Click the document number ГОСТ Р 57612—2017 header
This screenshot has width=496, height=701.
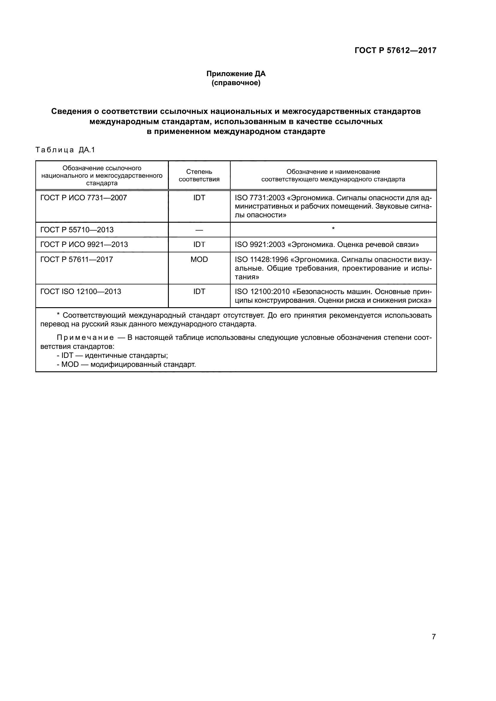395,50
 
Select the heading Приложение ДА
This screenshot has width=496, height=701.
236,74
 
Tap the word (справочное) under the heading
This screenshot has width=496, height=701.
236,83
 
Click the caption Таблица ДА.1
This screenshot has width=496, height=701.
65,150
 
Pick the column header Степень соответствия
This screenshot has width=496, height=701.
199,175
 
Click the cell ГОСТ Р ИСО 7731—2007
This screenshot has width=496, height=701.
84,198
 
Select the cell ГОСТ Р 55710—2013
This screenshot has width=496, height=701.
77,230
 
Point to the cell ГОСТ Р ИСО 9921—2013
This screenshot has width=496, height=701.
84,245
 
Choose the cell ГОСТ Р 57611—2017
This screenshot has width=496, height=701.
77,260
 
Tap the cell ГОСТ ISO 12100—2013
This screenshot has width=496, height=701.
81,292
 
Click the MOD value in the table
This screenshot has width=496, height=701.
199,260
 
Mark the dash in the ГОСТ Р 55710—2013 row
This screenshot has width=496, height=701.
199,230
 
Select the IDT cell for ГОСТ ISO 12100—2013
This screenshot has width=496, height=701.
199,292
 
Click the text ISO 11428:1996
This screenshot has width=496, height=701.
261,260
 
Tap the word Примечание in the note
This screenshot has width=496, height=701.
85,338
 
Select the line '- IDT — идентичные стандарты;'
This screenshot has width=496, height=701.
112,356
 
